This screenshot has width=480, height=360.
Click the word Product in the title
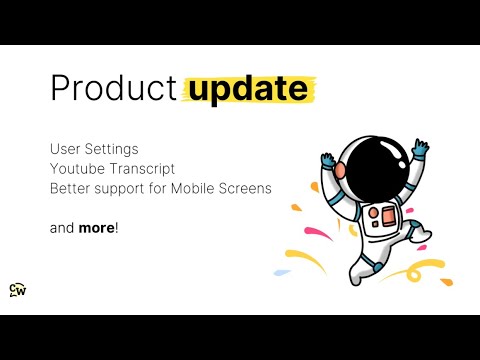point(112,88)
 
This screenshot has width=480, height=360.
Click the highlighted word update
point(247,88)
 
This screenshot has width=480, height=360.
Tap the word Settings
point(112,149)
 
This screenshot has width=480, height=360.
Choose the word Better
point(72,188)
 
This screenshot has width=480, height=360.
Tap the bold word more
point(96,227)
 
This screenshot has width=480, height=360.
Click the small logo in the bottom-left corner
point(17,290)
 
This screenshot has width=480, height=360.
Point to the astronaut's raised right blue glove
point(420,149)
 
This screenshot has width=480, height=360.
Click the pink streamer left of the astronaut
point(314,237)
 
